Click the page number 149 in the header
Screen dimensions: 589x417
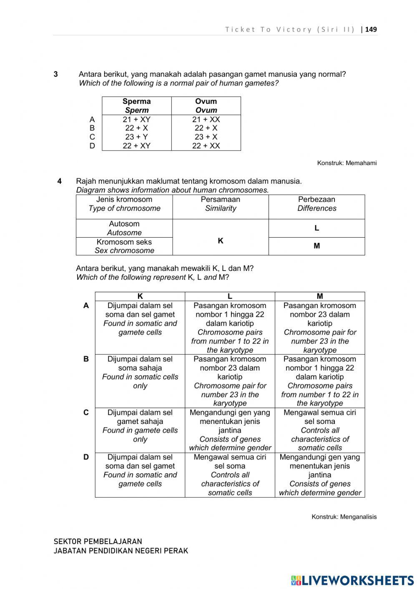371,29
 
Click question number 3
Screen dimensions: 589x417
56,74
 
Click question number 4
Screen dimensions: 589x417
60,181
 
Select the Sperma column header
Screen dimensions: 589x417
137,105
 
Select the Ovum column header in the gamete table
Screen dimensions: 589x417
206,105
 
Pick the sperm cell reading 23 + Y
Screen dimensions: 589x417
136,137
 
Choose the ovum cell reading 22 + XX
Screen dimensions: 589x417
206,146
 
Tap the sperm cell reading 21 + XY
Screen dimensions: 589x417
136,119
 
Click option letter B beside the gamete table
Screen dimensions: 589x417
92,128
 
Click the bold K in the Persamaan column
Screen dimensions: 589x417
221,241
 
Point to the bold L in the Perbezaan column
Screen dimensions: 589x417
317,228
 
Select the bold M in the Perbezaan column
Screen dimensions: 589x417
317,246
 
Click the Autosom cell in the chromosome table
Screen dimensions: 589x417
124,228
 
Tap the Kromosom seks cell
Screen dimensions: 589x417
124,246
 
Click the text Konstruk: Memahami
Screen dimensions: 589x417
347,163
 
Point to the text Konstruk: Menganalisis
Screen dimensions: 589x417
344,516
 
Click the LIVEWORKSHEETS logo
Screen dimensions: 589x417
352,580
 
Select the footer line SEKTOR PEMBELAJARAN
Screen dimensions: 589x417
98,541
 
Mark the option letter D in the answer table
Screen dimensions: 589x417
86,457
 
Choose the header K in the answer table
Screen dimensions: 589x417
140,296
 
